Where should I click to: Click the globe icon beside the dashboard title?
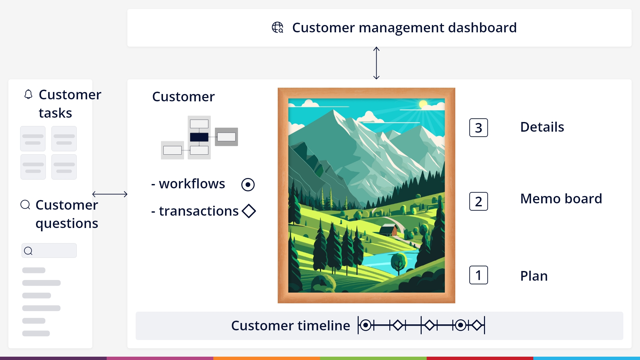click(277, 27)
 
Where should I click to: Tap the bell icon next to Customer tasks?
click(28, 94)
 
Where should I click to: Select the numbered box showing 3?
click(478, 128)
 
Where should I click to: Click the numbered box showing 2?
click(478, 201)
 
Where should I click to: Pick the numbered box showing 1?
click(478, 275)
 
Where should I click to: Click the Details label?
click(542, 127)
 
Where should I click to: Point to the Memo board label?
click(561, 199)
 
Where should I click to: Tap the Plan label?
click(534, 276)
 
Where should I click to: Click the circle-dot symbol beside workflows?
click(248, 185)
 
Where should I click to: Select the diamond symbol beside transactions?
click(249, 211)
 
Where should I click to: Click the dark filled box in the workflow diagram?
click(199, 137)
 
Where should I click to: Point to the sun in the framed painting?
click(423, 104)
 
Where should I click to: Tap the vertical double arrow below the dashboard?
click(376, 63)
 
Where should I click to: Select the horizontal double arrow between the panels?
click(110, 194)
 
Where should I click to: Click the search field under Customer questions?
click(49, 250)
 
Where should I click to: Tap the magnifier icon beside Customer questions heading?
click(25, 205)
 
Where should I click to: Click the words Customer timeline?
click(291, 326)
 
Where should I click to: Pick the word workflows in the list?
click(192, 184)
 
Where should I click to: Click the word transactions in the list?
click(199, 211)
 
